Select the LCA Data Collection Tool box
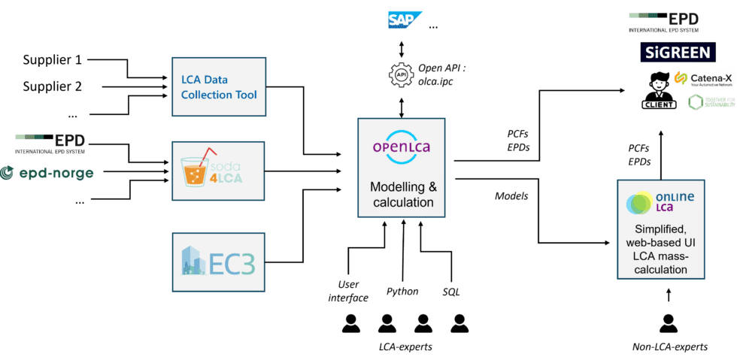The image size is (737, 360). tap(219, 86)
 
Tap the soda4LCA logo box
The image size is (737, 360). tap(219, 171)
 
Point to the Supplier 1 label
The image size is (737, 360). tap(53, 60)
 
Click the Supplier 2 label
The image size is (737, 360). tap(53, 86)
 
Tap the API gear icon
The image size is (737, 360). tap(402, 77)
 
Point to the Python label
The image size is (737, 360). tap(402, 292)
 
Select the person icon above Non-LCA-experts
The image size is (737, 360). tap(667, 322)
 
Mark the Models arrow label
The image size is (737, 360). tap(511, 195)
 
